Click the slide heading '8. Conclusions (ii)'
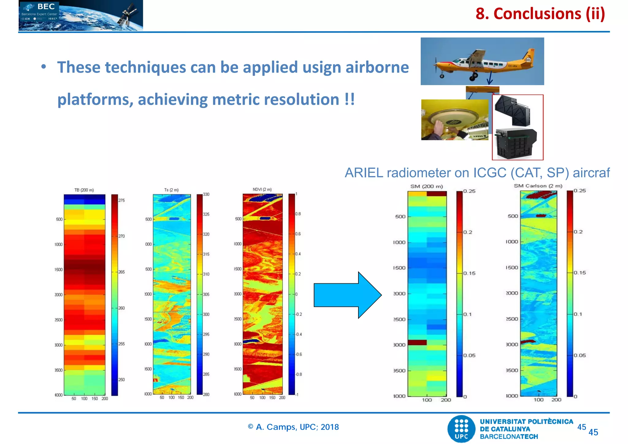(540, 14)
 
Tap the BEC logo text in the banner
(46, 7)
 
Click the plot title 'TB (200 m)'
(84, 190)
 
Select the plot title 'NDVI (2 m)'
(262, 189)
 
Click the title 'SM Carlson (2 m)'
(538, 186)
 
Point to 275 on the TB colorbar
(122, 200)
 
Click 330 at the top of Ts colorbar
(206, 194)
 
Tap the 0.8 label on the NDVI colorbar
(298, 214)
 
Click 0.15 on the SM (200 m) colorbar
(469, 273)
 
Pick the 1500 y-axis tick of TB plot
(58, 270)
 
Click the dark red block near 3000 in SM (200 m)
(417, 343)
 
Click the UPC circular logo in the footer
(461, 429)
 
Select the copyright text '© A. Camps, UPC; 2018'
(293, 427)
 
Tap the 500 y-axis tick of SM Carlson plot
(513, 216)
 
